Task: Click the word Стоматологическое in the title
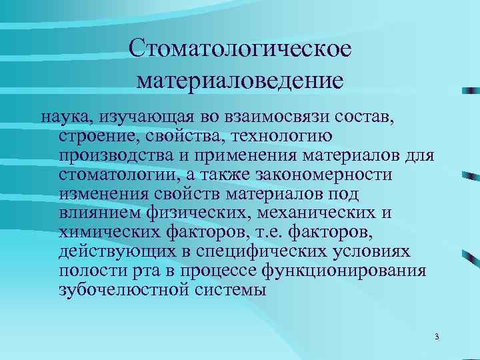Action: [239, 49]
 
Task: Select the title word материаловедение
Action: [239, 81]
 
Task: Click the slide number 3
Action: [436, 336]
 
